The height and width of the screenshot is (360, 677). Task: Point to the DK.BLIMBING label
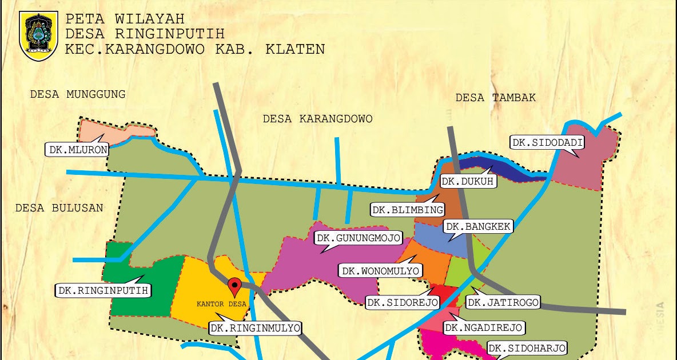click(x=408, y=210)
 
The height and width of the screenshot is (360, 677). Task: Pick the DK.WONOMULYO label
click(x=381, y=270)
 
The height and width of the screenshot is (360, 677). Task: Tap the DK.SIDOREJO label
click(x=403, y=302)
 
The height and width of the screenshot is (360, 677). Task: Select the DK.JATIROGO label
click(x=503, y=302)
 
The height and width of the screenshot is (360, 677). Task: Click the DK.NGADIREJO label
click(x=484, y=327)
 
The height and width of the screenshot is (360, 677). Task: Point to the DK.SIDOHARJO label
click(x=527, y=348)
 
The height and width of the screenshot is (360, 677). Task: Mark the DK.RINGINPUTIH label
click(x=103, y=290)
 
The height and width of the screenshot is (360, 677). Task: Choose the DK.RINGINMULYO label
click(x=255, y=328)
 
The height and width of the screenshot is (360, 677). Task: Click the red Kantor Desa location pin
click(x=234, y=286)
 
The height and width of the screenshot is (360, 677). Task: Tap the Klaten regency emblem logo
click(x=38, y=35)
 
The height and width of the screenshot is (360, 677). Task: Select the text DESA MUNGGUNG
click(x=78, y=94)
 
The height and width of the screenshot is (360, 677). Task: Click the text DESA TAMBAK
click(x=495, y=98)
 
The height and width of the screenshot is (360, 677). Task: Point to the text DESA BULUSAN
click(x=59, y=207)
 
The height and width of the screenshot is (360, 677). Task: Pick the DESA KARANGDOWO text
click(x=317, y=119)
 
